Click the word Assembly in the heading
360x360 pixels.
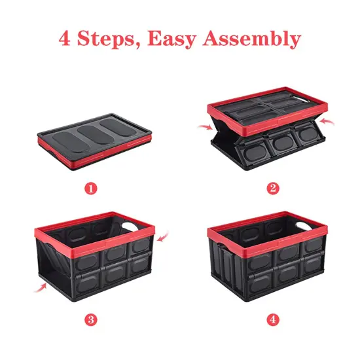pos(252,39)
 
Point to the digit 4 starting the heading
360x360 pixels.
pos(65,39)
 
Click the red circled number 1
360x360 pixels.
pos(92,188)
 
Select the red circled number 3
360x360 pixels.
pos(92,320)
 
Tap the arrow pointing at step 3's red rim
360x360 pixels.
pos(162,234)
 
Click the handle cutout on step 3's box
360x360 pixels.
pos(134,226)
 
